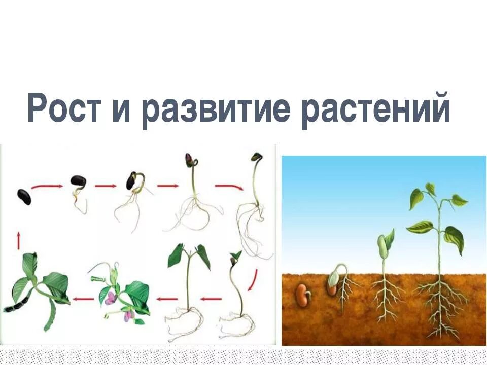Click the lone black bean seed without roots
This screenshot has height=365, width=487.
pyautogui.click(x=24, y=196)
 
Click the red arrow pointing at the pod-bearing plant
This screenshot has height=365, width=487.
pyautogui.click(x=83, y=299)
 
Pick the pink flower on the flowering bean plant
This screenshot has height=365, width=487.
pyautogui.click(x=110, y=298)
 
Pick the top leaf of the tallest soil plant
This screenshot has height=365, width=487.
pyautogui.click(x=430, y=189)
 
